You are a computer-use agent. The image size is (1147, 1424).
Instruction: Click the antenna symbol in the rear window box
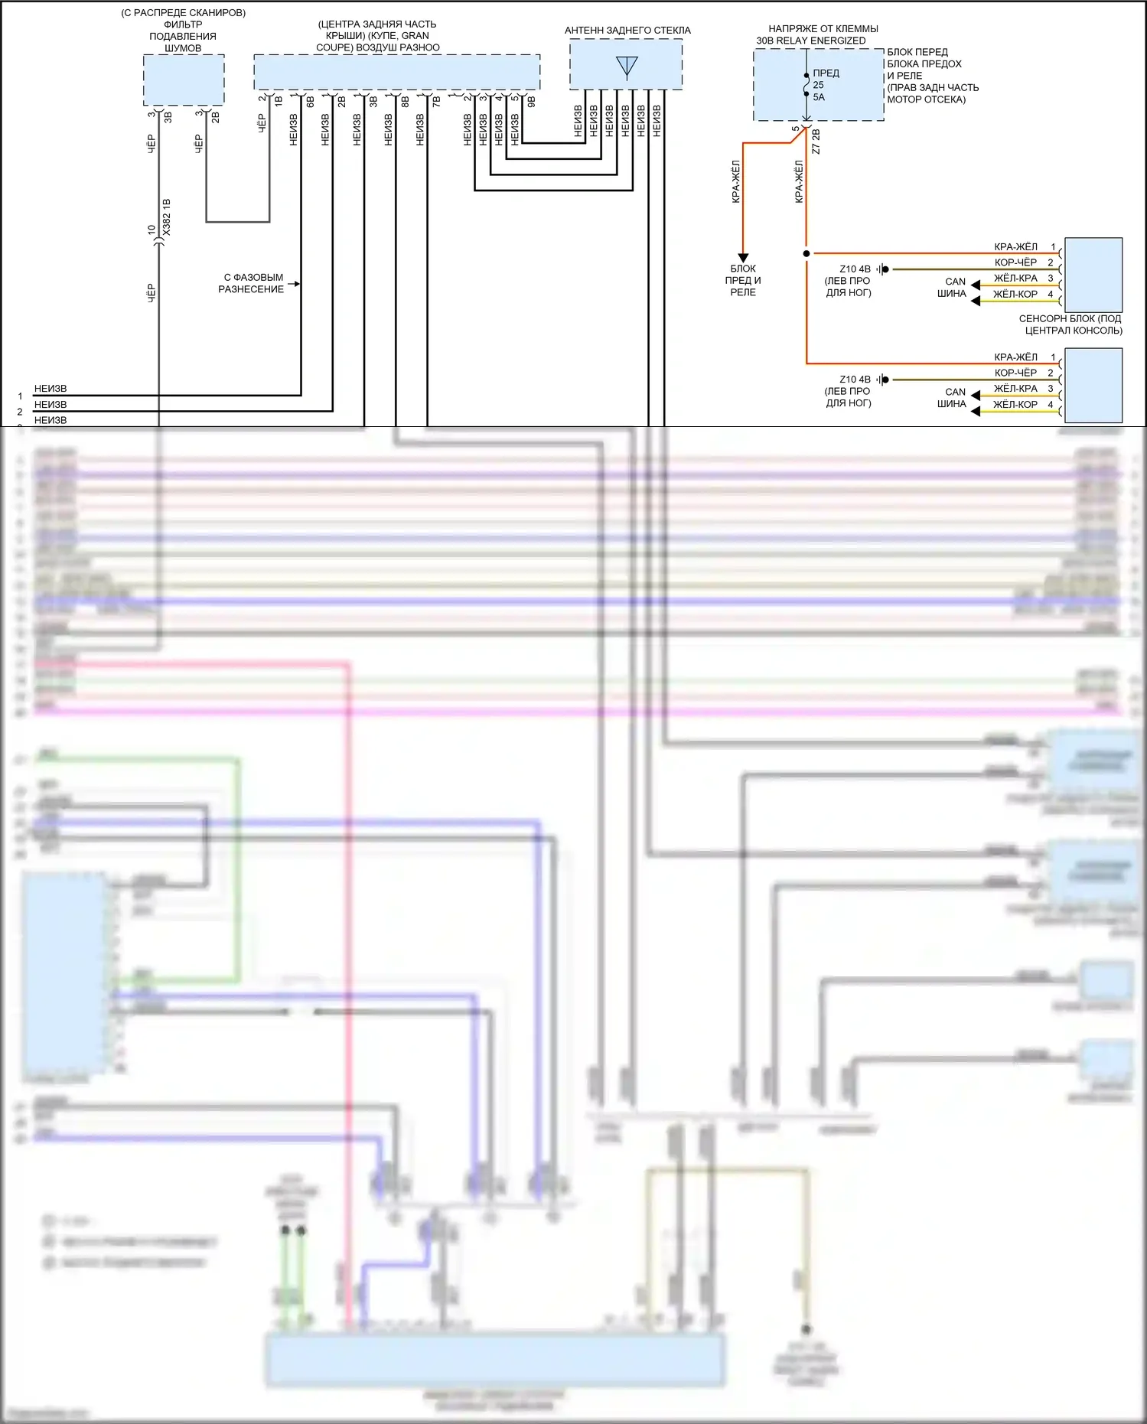(627, 67)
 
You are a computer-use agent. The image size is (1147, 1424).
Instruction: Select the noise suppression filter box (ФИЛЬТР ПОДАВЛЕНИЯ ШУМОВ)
(184, 80)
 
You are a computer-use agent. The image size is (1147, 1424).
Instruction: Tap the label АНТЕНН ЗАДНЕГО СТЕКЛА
(627, 31)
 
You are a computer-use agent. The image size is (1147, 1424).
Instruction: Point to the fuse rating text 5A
(819, 97)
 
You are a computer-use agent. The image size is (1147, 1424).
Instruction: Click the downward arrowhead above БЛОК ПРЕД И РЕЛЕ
(742, 258)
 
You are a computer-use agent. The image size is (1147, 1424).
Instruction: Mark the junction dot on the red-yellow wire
(806, 253)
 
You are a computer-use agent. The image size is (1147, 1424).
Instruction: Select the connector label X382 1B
(167, 217)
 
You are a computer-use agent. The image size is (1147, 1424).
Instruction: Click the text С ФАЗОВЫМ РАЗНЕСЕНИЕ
(252, 283)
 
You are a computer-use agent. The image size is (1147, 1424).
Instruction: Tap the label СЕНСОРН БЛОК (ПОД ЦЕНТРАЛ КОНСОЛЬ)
(1070, 324)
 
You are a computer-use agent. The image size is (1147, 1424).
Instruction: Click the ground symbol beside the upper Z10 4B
(883, 269)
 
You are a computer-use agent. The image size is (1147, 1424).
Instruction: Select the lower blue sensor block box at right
(1093, 385)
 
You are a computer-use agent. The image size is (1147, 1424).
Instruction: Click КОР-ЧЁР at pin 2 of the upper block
(1015, 262)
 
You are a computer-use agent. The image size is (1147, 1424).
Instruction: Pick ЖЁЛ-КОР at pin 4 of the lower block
(1015, 405)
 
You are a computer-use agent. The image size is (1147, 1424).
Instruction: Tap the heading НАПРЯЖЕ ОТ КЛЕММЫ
(823, 29)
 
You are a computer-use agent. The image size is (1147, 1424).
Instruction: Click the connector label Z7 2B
(816, 142)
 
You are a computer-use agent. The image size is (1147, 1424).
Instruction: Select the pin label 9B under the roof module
(531, 100)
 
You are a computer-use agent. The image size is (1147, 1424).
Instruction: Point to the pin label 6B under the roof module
(310, 100)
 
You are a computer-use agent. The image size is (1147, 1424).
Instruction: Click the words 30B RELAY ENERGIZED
(811, 41)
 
